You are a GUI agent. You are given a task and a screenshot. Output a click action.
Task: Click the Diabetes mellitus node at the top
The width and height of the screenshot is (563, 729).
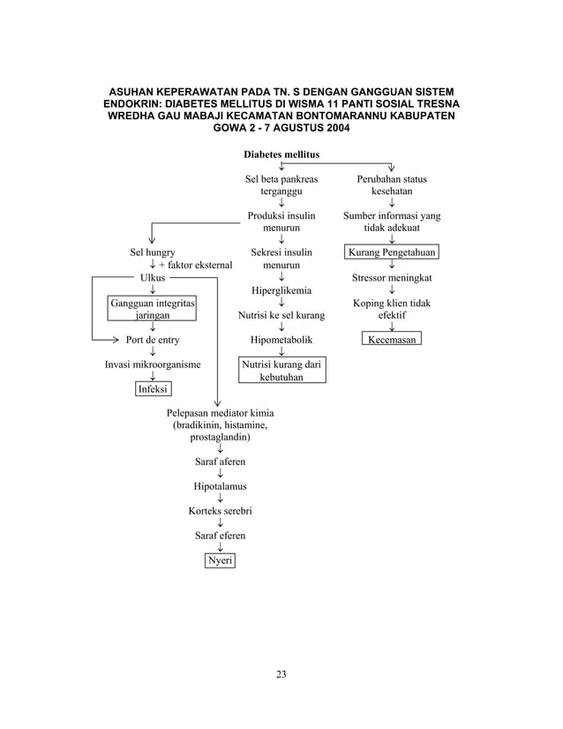(281, 154)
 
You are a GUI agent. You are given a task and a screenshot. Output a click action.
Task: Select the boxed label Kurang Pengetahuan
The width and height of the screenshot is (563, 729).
(392, 252)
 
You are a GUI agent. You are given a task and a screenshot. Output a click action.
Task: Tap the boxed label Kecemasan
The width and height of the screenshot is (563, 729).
(392, 339)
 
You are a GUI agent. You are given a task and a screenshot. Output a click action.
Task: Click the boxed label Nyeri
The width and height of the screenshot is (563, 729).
(220, 560)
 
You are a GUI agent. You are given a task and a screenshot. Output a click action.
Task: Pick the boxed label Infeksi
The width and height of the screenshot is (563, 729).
(154, 388)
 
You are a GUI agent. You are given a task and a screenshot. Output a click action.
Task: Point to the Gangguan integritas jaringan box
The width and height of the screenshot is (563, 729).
(152, 308)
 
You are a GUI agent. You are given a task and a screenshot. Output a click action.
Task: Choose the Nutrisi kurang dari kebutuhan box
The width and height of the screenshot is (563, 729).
(281, 370)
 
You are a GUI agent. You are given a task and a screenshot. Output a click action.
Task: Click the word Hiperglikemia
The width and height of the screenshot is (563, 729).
(281, 289)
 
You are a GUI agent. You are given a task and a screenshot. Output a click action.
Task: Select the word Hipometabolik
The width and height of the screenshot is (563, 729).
(281, 339)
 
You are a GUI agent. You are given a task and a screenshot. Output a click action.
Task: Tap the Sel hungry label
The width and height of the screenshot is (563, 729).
(152, 252)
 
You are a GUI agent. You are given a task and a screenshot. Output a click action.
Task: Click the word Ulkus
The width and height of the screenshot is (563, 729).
(152, 277)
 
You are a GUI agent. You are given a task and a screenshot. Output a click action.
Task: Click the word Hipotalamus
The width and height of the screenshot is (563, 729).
(220, 486)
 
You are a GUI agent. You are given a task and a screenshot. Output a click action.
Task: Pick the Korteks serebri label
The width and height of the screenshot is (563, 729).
(220, 511)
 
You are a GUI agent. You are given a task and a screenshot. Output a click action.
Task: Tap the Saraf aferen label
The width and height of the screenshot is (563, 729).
(220, 462)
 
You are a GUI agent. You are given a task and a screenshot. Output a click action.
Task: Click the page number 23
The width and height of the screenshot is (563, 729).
(281, 675)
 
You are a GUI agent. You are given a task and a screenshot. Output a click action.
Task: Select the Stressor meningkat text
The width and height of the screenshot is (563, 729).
(392, 277)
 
